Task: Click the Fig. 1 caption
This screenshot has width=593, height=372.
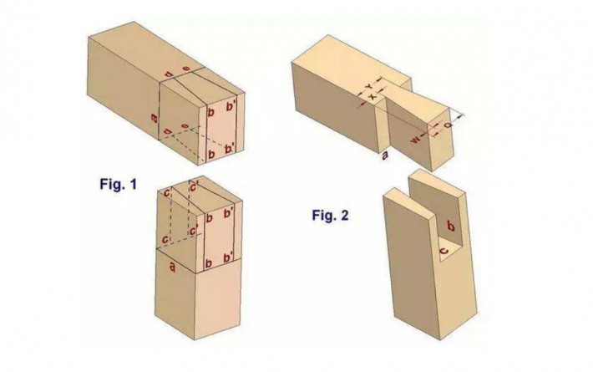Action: (119, 184)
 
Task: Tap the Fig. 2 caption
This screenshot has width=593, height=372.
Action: (330, 216)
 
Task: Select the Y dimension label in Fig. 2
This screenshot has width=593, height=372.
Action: (369, 87)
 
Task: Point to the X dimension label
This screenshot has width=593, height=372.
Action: (373, 96)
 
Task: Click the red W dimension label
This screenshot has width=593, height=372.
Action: (416, 140)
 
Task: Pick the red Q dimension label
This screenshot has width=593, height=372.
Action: (449, 125)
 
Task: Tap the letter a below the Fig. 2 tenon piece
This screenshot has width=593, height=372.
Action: (385, 155)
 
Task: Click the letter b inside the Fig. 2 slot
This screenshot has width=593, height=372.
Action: (450, 226)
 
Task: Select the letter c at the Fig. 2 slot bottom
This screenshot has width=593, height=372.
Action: (444, 251)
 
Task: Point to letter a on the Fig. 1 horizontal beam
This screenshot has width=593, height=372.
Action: (154, 118)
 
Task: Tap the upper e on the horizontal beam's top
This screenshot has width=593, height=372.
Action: (185, 68)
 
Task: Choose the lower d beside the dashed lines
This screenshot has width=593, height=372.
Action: (167, 131)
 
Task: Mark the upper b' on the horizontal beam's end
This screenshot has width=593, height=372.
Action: (231, 107)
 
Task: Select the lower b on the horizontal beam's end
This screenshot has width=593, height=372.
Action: (211, 154)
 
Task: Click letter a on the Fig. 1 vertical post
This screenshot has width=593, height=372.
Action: (172, 268)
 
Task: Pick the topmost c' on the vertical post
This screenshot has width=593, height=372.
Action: (194, 187)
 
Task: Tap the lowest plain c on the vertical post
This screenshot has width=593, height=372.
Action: (165, 240)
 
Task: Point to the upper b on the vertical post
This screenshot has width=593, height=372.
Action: (209, 218)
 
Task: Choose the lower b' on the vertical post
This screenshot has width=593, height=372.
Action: (228, 258)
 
